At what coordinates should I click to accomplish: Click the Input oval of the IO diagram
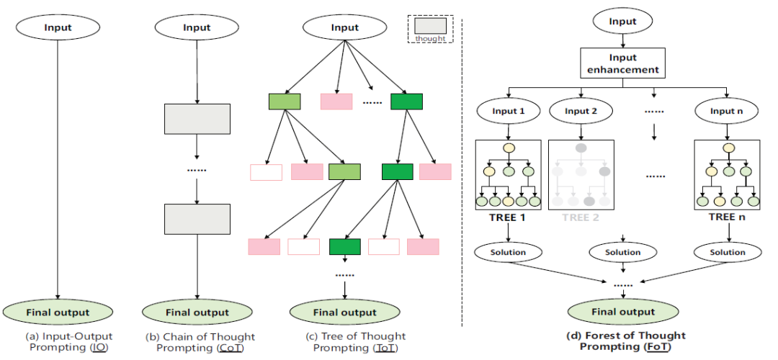[58, 27]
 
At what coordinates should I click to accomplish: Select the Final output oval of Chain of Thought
[197, 312]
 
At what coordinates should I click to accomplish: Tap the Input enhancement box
[622, 63]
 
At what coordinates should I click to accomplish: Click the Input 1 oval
[509, 111]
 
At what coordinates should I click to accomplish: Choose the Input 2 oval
[581, 111]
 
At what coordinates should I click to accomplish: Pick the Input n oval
[727, 111]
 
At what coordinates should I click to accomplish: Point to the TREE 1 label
[509, 216]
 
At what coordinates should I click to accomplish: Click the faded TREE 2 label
[581, 216]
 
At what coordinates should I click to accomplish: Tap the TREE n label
[727, 216]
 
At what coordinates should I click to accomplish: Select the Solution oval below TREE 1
[509, 252]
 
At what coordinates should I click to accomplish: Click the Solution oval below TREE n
[728, 252]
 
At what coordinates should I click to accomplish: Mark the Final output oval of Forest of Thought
[622, 312]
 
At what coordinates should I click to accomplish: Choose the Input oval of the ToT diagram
[344, 27]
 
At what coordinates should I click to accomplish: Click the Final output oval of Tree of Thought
[344, 312]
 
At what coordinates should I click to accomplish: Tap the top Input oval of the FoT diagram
[622, 21]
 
